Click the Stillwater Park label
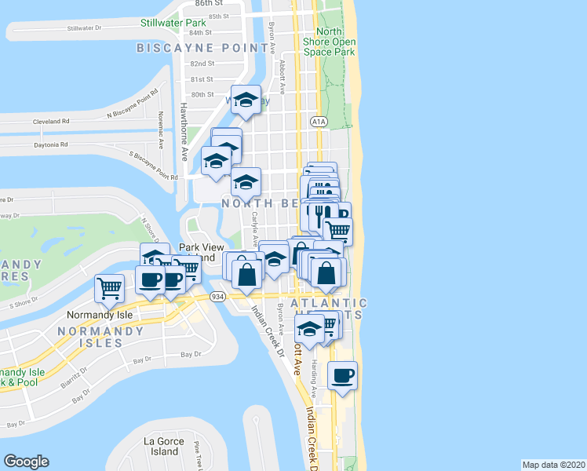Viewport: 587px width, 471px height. pos(173,23)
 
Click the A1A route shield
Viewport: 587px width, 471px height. pos(318,122)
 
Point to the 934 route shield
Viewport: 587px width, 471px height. pos(218,296)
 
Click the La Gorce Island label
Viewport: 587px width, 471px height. pos(164,446)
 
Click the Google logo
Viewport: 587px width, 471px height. pos(26,462)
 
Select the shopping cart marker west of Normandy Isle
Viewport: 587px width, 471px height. pos(109,287)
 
